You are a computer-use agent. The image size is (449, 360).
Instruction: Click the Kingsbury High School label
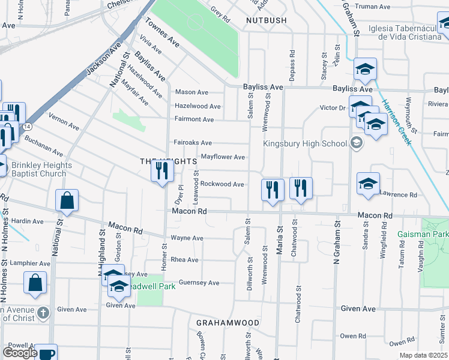pos(305,143)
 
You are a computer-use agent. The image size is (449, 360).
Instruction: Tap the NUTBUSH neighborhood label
pos(266,20)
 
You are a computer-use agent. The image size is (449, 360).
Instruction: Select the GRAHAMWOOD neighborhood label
pos(228,323)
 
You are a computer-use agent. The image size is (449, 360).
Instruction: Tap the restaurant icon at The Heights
pos(160,171)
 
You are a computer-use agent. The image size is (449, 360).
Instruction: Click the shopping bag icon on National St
pos(67,201)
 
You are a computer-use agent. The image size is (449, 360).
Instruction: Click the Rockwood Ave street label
pos(222,184)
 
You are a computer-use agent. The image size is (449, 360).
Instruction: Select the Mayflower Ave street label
pos(223,157)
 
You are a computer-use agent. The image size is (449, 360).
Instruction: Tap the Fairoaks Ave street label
pos(193,143)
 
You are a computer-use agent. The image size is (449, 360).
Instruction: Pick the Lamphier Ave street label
pos(29,263)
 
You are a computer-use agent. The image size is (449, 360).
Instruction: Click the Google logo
pos(20,353)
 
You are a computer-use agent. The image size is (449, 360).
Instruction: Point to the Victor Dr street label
pos(333,108)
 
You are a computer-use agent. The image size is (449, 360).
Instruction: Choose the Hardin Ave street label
pos(27,221)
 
